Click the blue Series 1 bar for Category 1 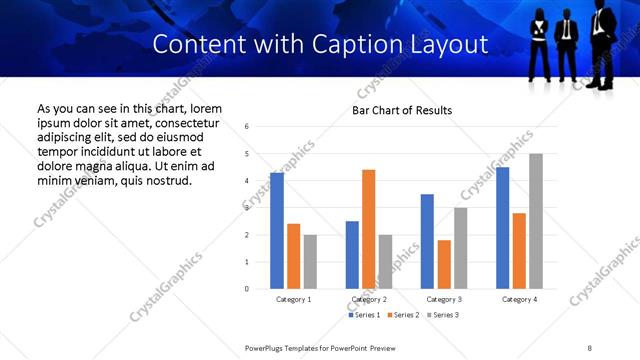[277, 230]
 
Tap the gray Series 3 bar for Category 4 [536, 221]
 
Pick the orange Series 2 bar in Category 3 [444, 264]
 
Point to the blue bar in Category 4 [503, 228]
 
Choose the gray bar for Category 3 [461, 248]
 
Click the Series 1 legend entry [363, 315]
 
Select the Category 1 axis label [294, 300]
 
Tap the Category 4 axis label [519, 300]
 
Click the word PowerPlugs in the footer [268, 348]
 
